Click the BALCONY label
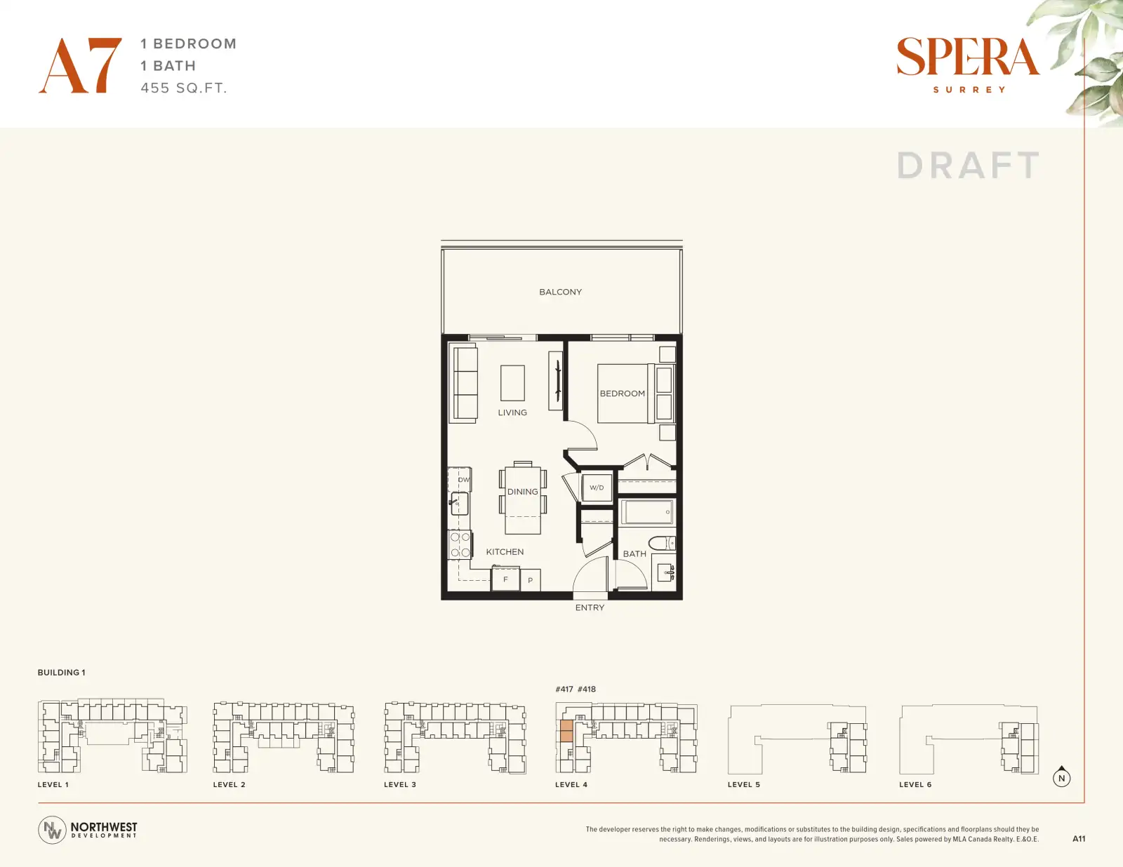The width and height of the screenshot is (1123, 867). point(560,292)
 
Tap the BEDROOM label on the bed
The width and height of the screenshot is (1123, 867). point(623,394)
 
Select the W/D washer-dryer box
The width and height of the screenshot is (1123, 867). point(597,487)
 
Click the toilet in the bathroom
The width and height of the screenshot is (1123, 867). point(662,543)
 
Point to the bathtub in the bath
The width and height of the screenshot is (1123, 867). point(647,512)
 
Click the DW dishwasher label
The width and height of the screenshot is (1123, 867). point(463,480)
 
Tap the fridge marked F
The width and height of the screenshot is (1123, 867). point(505,579)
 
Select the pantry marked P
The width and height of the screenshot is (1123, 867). point(530,580)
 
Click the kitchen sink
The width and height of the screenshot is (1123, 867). point(460,504)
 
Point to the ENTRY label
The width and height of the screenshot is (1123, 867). point(590,607)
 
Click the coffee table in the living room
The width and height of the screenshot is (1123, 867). point(512,383)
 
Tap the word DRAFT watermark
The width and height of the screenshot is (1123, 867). point(968,166)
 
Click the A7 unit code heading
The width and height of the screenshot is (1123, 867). point(80,65)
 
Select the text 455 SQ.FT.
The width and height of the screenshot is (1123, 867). point(184,88)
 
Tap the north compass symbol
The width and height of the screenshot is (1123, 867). point(1061,777)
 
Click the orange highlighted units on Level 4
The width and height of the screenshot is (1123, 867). point(566,731)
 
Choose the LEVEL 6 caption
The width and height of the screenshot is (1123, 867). point(915,784)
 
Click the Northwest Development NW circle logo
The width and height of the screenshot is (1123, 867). point(52,830)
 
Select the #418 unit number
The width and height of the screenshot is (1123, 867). point(587,689)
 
